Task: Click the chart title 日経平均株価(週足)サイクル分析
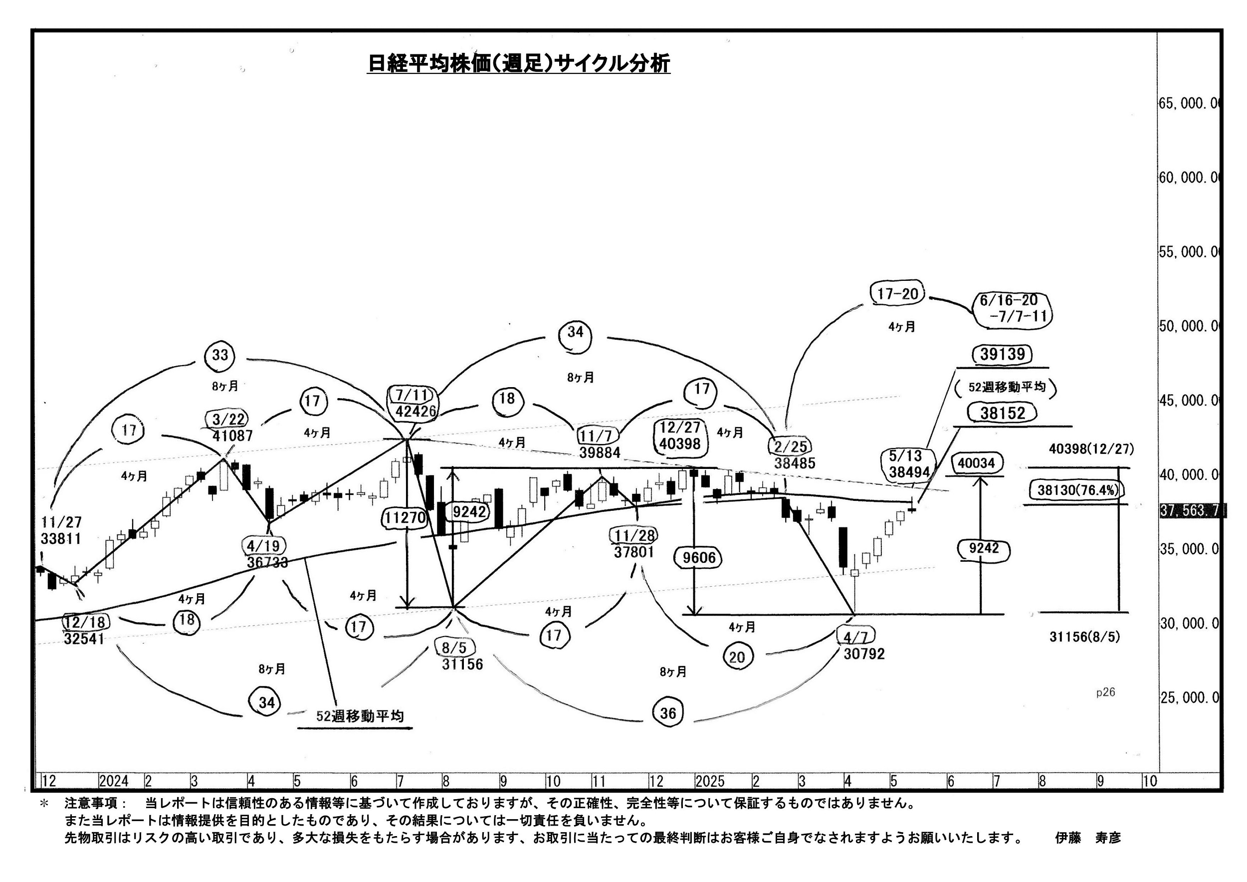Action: [518, 63]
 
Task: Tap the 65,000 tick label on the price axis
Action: [1188, 103]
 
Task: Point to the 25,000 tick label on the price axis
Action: [1188, 697]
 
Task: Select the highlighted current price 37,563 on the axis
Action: [1191, 510]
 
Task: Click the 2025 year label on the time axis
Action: [710, 782]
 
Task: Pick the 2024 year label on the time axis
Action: [114, 782]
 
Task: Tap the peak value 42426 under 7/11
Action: [416, 411]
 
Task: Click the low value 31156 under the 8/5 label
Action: [462, 663]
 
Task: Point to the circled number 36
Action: [668, 712]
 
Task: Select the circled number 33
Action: [220, 355]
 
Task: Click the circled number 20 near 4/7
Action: [736, 658]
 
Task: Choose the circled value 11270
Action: [405, 518]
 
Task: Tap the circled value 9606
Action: [699, 558]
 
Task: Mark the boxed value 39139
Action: [1003, 355]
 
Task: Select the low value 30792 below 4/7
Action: [864, 654]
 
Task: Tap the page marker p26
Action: [1105, 692]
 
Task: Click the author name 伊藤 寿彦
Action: [1088, 838]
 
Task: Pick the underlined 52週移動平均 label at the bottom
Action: [360, 716]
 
